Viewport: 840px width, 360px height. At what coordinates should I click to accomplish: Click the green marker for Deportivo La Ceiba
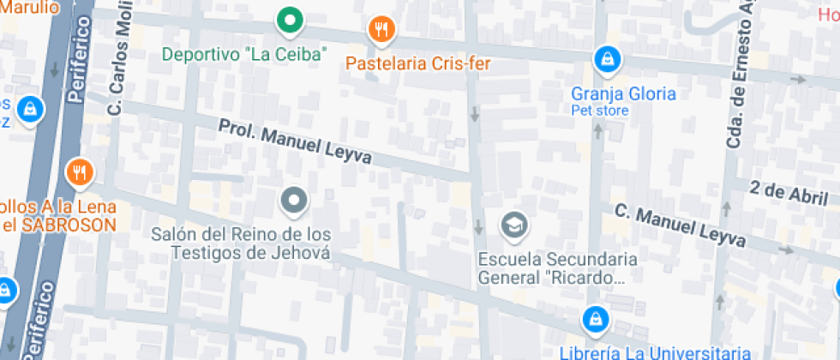[x=291, y=19]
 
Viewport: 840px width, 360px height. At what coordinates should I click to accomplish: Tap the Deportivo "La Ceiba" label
[x=245, y=54]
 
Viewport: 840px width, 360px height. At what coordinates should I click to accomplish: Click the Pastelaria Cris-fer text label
[x=411, y=63]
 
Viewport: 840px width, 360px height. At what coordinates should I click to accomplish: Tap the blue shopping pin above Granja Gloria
[x=607, y=59]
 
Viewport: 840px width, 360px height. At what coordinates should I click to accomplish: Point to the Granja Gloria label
[x=624, y=93]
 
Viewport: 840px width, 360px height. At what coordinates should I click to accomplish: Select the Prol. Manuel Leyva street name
[x=295, y=142]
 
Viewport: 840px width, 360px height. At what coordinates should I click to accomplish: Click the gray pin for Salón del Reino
[x=295, y=201]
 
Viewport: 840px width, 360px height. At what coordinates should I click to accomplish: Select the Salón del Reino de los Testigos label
[x=241, y=243]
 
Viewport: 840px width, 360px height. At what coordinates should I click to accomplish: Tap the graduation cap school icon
[x=514, y=225]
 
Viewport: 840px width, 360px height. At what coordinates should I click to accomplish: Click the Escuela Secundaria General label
[x=557, y=268]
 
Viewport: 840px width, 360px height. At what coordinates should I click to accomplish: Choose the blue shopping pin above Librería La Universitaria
[x=593, y=321]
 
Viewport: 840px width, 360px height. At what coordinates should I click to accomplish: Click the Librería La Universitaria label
[x=656, y=351]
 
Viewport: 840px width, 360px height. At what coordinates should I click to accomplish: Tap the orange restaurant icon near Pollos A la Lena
[x=79, y=173]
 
